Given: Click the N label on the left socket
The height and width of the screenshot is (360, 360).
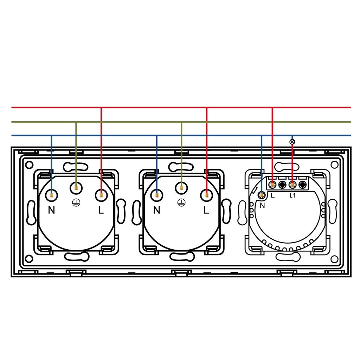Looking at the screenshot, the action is tap(51, 210).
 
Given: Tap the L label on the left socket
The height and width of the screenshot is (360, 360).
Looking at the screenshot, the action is tap(101, 210).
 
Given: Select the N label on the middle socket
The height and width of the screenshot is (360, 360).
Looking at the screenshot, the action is tap(156, 210).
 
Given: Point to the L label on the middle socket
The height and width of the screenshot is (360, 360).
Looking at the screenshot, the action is tap(206, 210).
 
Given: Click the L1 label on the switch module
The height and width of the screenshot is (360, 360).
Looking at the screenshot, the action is tap(292, 195).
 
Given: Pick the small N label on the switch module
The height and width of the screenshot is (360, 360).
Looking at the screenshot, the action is tap(262, 205).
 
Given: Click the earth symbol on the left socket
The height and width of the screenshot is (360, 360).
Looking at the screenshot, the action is tap(76, 202).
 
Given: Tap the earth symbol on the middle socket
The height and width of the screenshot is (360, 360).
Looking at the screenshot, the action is tap(181, 202).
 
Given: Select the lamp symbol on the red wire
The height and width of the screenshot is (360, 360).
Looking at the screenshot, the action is tap(292, 142).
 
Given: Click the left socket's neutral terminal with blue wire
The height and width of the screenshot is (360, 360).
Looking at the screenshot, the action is tap(51, 195).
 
